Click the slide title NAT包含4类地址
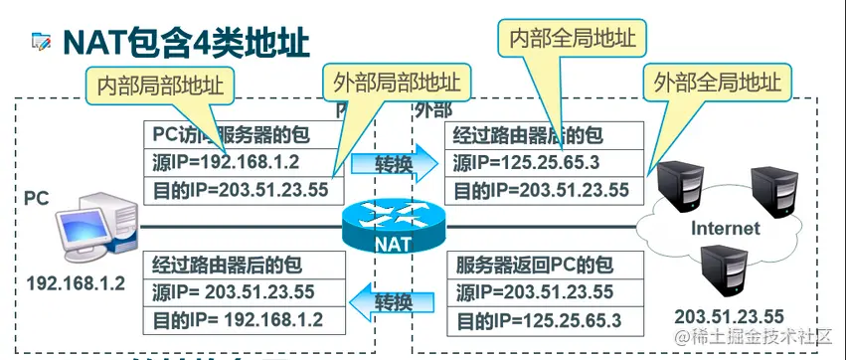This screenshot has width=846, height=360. coord(186,41)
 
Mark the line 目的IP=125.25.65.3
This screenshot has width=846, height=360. coord(538,320)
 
